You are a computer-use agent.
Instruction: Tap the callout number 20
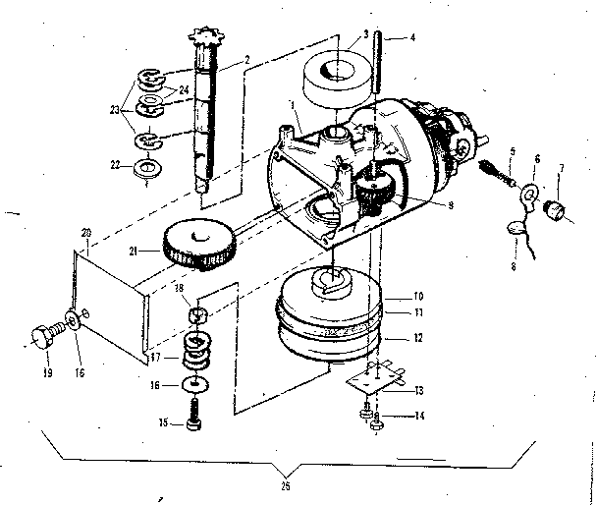[x=85, y=231]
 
